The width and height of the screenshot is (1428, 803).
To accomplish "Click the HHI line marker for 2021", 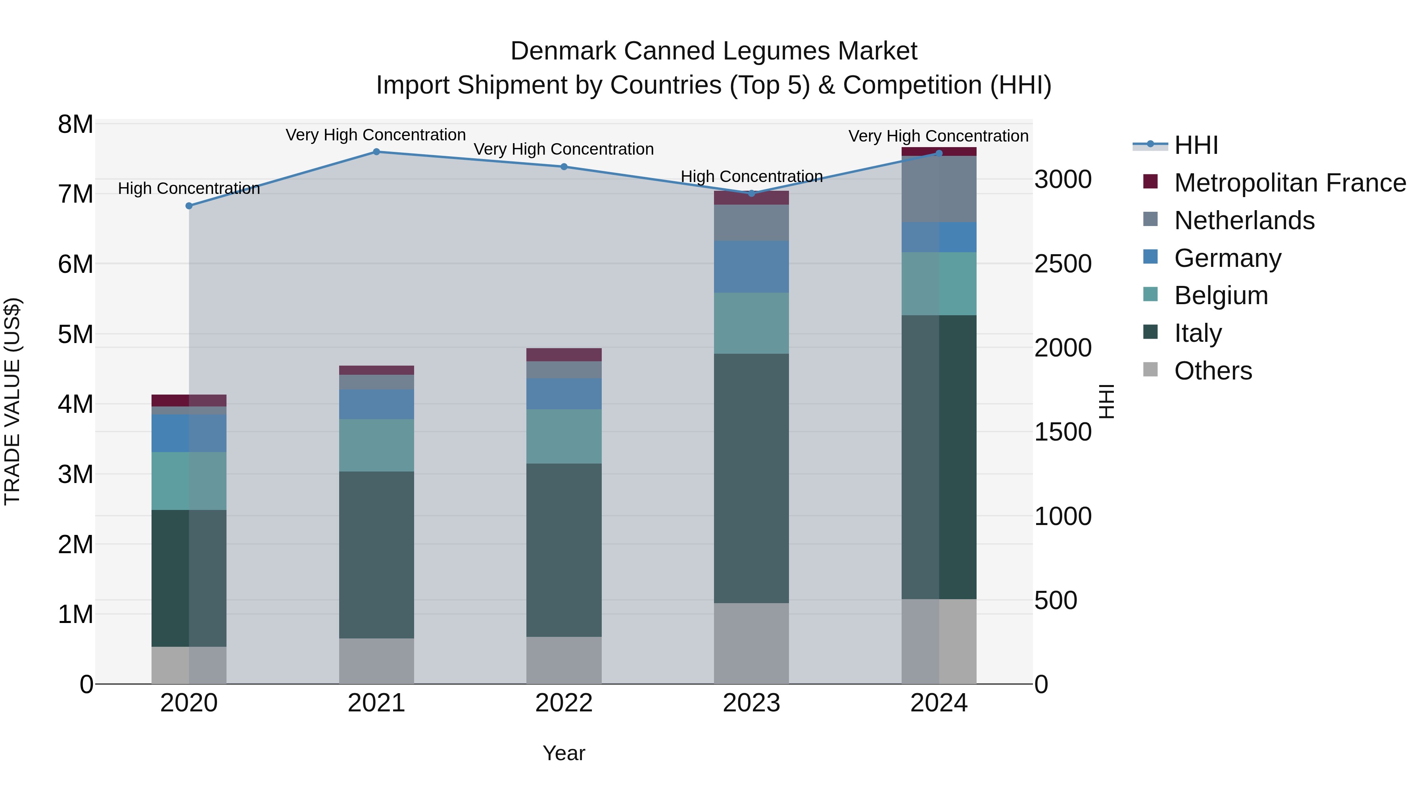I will point(376,152).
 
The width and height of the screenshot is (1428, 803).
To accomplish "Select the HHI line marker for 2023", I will point(751,194).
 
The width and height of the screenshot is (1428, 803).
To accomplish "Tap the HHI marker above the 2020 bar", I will point(189,205).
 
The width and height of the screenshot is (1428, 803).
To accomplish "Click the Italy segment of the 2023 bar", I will point(751,478).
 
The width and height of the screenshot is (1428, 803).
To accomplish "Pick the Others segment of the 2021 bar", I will point(376,661).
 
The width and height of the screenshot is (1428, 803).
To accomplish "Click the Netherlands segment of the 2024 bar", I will point(939,189).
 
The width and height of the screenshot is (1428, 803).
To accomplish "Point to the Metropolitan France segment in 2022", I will point(564,355).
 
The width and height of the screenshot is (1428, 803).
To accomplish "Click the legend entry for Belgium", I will point(1221,295).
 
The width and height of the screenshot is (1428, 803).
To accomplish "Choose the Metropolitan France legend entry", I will point(1290,183).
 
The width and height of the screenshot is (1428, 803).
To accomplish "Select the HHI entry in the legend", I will point(1196,145).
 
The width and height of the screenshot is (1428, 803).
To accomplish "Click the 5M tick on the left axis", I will point(75,334).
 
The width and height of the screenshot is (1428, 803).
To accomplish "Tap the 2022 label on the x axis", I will point(564,703).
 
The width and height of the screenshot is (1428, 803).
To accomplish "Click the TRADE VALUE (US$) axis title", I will point(12,401).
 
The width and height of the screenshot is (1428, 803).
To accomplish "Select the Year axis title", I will point(564,753).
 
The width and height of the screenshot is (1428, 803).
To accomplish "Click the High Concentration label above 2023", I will point(751,176).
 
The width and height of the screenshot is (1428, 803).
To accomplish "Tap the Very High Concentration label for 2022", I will point(564,149).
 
